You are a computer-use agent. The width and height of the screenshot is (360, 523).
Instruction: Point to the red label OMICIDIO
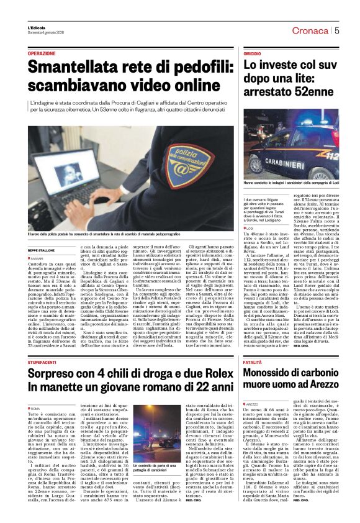(252, 55)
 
